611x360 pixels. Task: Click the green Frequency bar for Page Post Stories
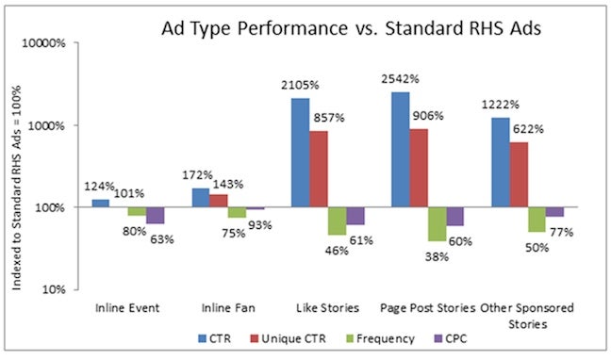point(437,223)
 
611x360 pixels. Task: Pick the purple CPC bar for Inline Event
point(156,215)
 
